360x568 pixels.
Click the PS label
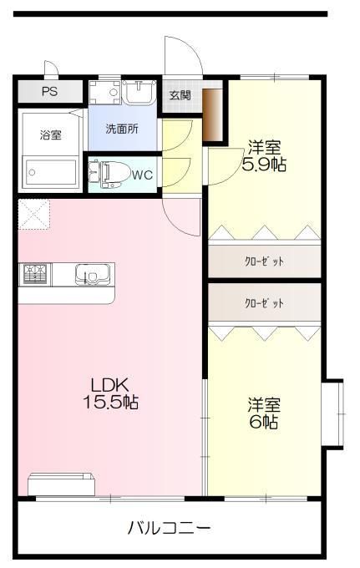[x=49, y=91]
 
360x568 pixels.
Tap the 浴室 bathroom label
[x=49, y=134]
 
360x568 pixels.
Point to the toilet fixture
[x=111, y=174]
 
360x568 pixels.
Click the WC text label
[x=142, y=175]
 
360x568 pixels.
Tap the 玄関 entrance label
[x=180, y=94]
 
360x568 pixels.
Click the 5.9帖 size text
[x=263, y=165]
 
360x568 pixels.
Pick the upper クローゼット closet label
[x=264, y=261]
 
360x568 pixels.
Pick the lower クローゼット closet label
[x=264, y=302]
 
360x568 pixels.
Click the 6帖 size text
[x=263, y=422]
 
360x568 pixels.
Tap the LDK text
[x=109, y=385]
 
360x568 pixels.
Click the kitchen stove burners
[x=36, y=273]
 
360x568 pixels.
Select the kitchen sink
[x=89, y=273]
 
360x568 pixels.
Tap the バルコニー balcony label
[x=170, y=528]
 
